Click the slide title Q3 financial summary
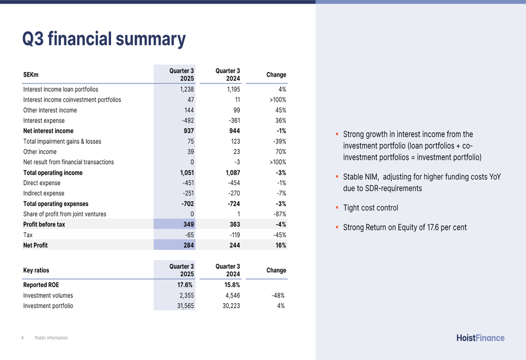(x=104, y=39)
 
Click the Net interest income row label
(x=48, y=131)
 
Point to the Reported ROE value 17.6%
(x=185, y=285)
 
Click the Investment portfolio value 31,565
(x=183, y=306)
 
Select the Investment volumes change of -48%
(x=278, y=295)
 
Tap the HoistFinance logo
(x=480, y=338)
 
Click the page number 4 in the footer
(x=23, y=338)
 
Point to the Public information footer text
(x=51, y=338)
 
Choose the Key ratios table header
(x=36, y=270)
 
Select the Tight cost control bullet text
(x=370, y=208)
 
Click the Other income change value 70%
(x=280, y=152)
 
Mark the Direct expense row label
(x=42, y=183)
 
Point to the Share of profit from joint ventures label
(x=65, y=214)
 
